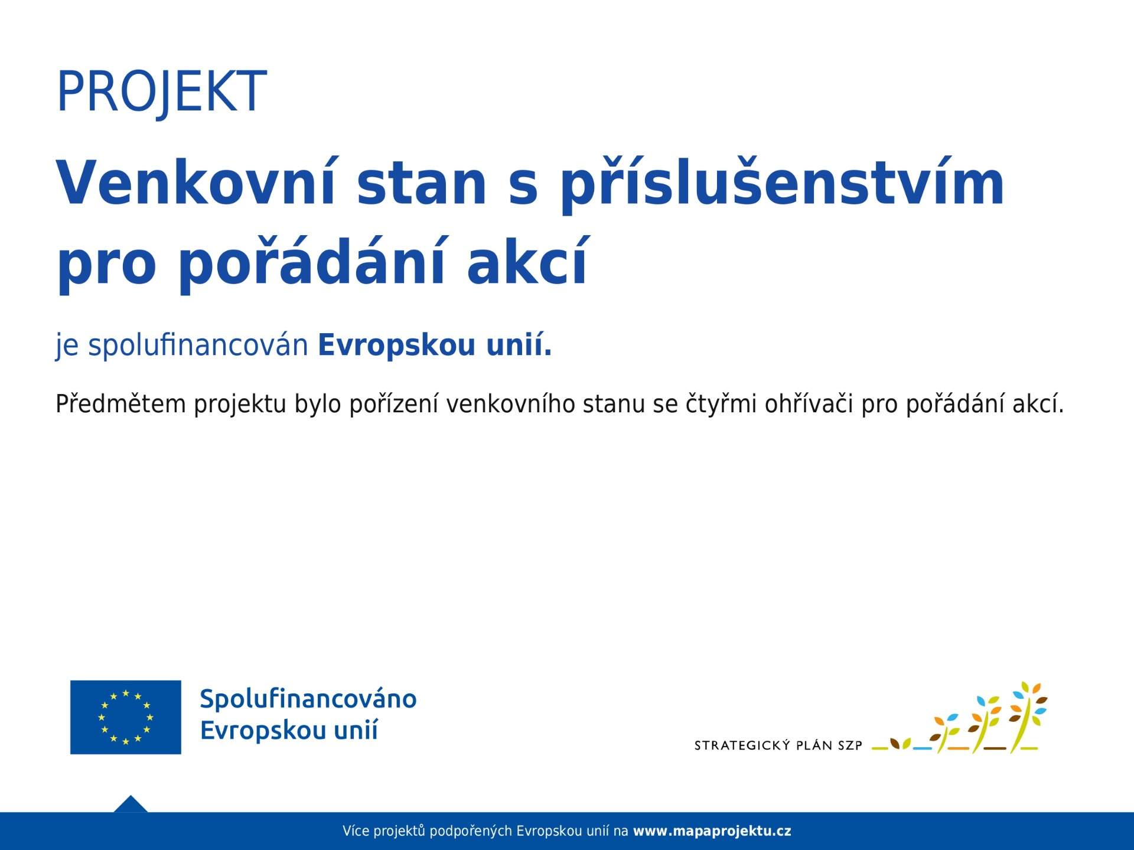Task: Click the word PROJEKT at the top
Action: pyautogui.click(x=161, y=91)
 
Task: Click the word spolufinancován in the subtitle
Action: pyautogui.click(x=198, y=344)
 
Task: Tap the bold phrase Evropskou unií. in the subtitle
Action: pyautogui.click(x=435, y=344)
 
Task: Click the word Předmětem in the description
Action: pyautogui.click(x=120, y=404)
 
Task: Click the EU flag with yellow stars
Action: pyautogui.click(x=126, y=717)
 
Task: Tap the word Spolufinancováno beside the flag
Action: pyautogui.click(x=308, y=699)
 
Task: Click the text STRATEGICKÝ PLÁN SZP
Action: pyautogui.click(x=778, y=745)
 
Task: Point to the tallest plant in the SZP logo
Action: pyautogui.click(x=1028, y=717)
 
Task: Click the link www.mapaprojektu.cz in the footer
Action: pyautogui.click(x=712, y=831)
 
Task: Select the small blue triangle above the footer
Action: pyautogui.click(x=131, y=804)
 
